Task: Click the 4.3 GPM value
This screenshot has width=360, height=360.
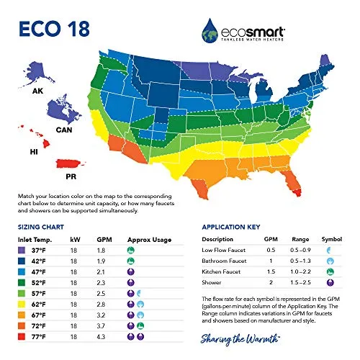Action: coord(100,336)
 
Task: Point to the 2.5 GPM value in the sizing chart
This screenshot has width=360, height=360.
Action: coord(100,294)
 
